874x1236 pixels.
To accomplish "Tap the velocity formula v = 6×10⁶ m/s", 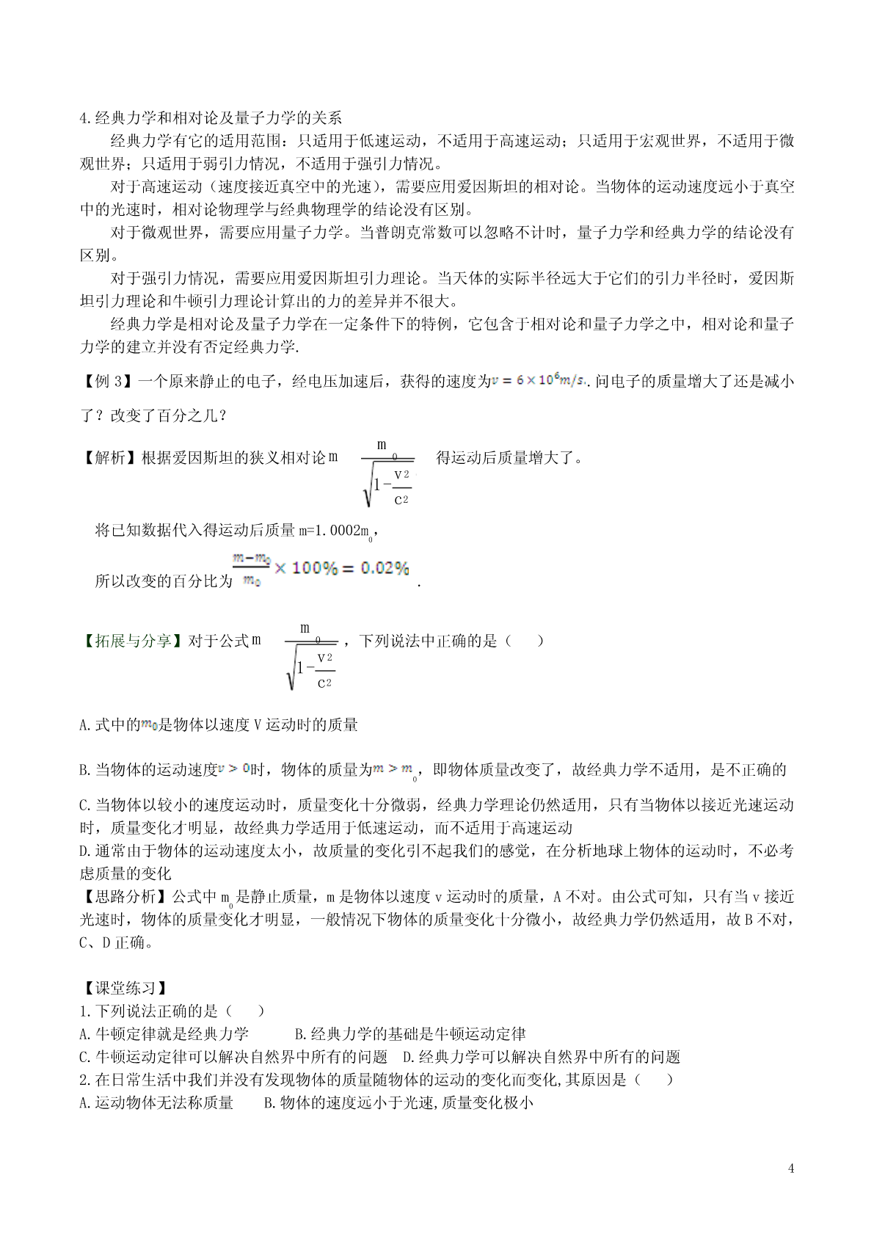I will tap(539, 380).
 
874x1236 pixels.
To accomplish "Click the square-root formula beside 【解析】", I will tap(387, 474).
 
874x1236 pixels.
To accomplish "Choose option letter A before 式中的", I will tap(84, 725).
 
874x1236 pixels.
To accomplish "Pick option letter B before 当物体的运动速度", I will tap(84, 770).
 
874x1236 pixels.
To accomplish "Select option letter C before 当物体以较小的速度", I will tap(84, 805).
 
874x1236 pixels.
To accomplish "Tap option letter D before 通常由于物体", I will tap(84, 851).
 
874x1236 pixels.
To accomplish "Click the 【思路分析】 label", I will tap(125, 897).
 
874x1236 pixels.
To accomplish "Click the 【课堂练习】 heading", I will tap(125, 989).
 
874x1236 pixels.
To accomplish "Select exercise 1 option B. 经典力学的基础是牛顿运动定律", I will tap(410, 1034).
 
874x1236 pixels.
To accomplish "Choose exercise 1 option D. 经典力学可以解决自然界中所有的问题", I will tap(542, 1057).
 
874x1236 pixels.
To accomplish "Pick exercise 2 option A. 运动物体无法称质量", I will tap(156, 1102).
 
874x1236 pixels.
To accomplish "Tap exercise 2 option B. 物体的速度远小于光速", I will tap(398, 1102).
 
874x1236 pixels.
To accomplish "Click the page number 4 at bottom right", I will tap(791, 1168).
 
